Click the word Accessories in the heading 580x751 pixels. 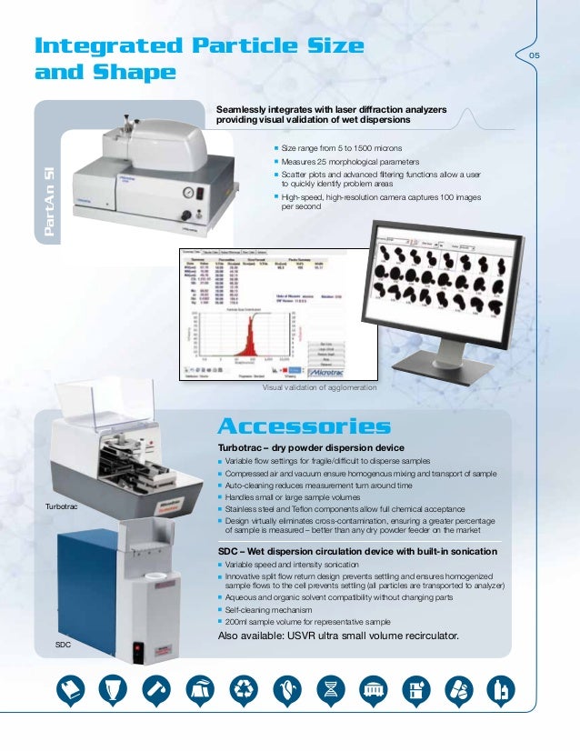coord(305,426)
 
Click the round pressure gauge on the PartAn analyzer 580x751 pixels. coord(186,192)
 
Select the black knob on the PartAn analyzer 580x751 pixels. coord(185,215)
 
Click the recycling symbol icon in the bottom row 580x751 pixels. coord(245,690)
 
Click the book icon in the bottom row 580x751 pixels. coord(74,690)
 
